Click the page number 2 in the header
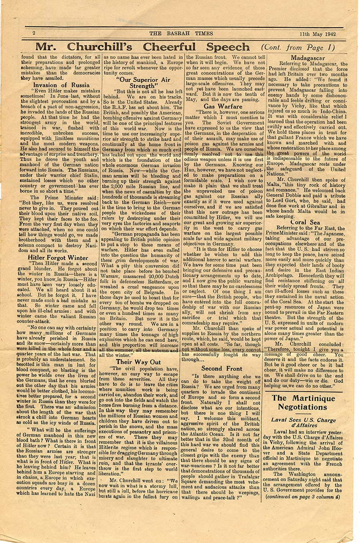[33, 33]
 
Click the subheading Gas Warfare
[223, 106]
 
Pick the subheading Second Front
[222, 380]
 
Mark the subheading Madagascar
[308, 58]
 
